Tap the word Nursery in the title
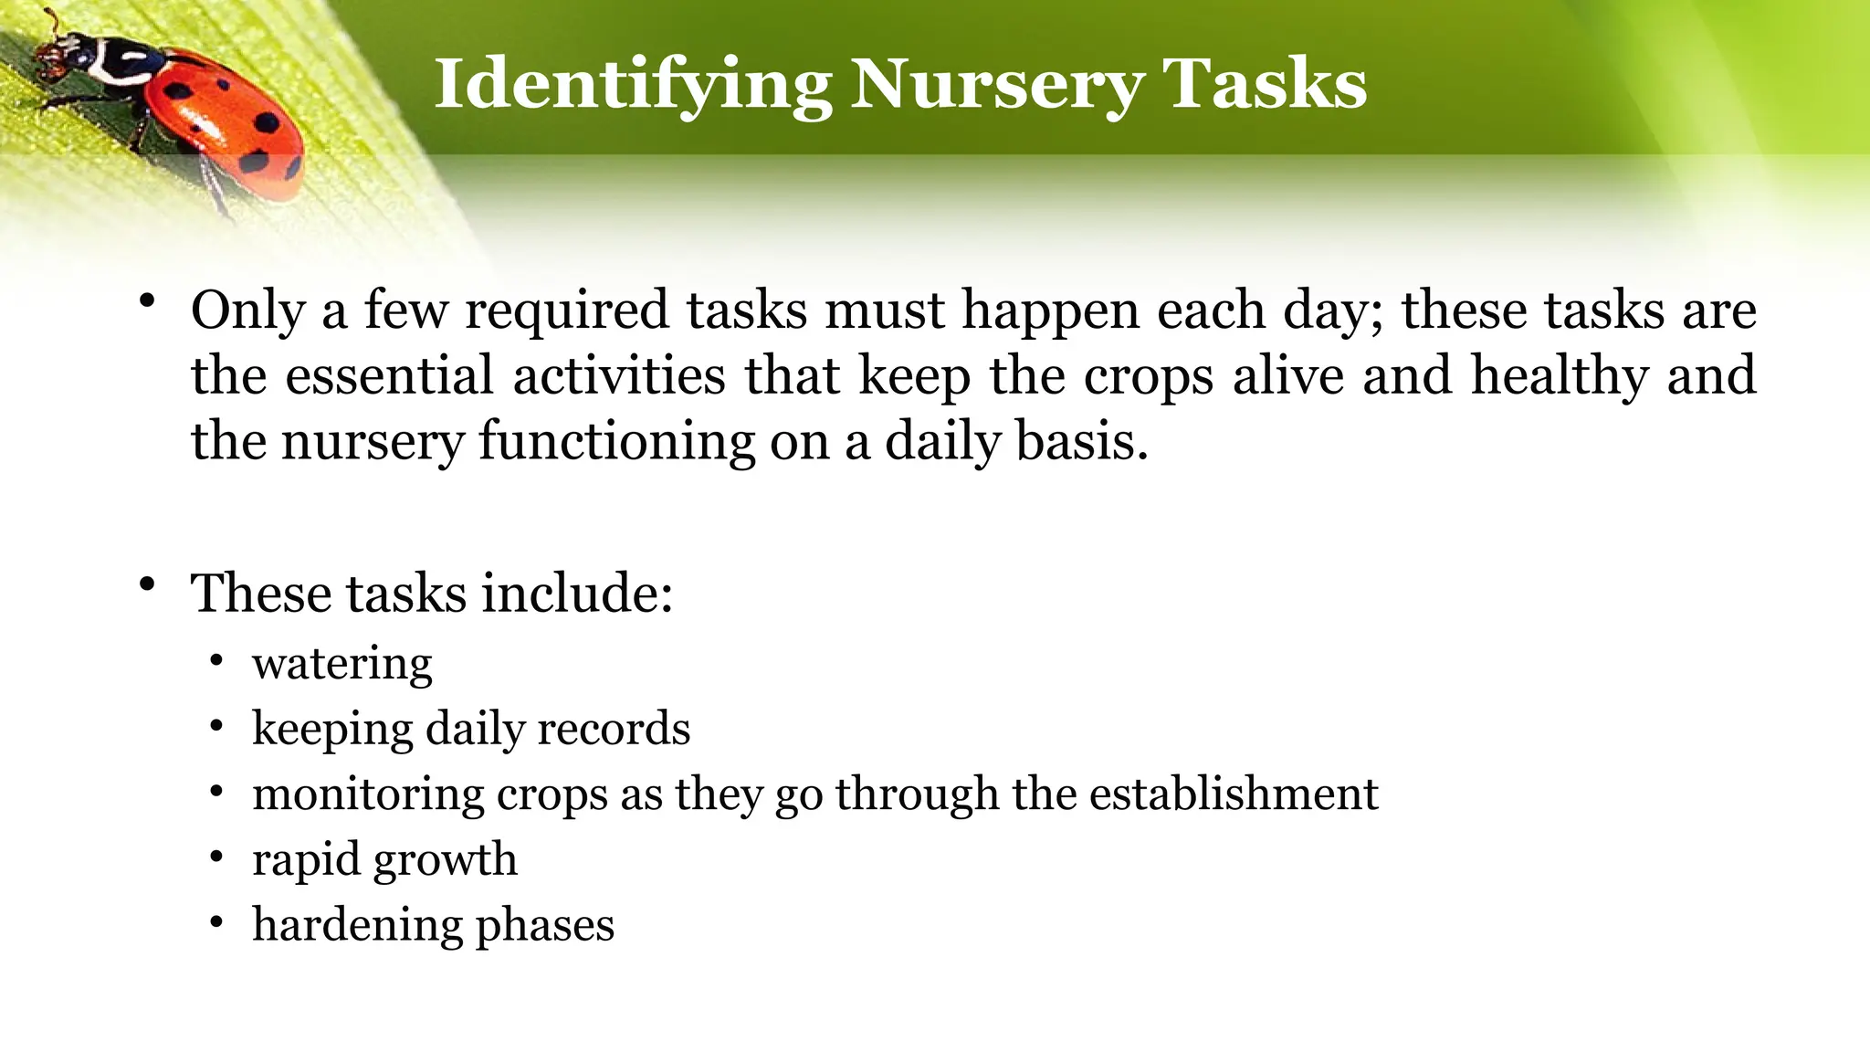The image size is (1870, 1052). [x=996, y=84]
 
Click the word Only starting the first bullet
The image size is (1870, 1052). [x=247, y=310]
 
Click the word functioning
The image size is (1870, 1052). [x=616, y=442]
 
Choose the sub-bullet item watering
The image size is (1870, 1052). [x=342, y=664]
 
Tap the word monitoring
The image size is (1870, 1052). [x=368, y=794]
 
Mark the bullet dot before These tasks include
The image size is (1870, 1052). [x=147, y=584]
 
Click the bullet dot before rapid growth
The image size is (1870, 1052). [x=215, y=857]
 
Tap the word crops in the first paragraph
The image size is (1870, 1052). [x=1149, y=376]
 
